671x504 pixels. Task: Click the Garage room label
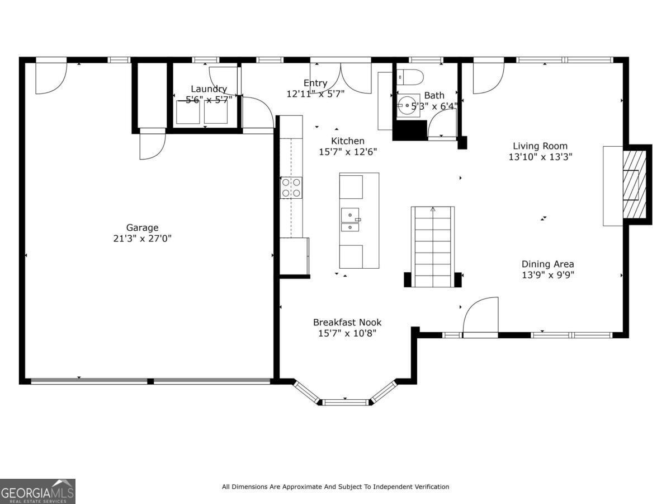142,227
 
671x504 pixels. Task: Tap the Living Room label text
540,146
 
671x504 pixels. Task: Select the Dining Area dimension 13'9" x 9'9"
547,275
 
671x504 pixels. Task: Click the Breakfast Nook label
347,322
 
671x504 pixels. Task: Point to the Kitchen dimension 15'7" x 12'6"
347,151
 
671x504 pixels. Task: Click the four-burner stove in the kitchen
291,188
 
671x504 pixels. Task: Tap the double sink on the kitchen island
351,220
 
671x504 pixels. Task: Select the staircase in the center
433,246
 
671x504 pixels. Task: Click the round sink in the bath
406,105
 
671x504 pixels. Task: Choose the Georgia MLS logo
37,491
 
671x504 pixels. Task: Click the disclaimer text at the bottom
335,487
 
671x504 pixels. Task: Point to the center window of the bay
346,402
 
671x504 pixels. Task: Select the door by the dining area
481,316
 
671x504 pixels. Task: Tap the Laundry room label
209,88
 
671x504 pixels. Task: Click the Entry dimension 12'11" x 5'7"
315,94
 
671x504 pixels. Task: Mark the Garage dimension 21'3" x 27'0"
142,238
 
